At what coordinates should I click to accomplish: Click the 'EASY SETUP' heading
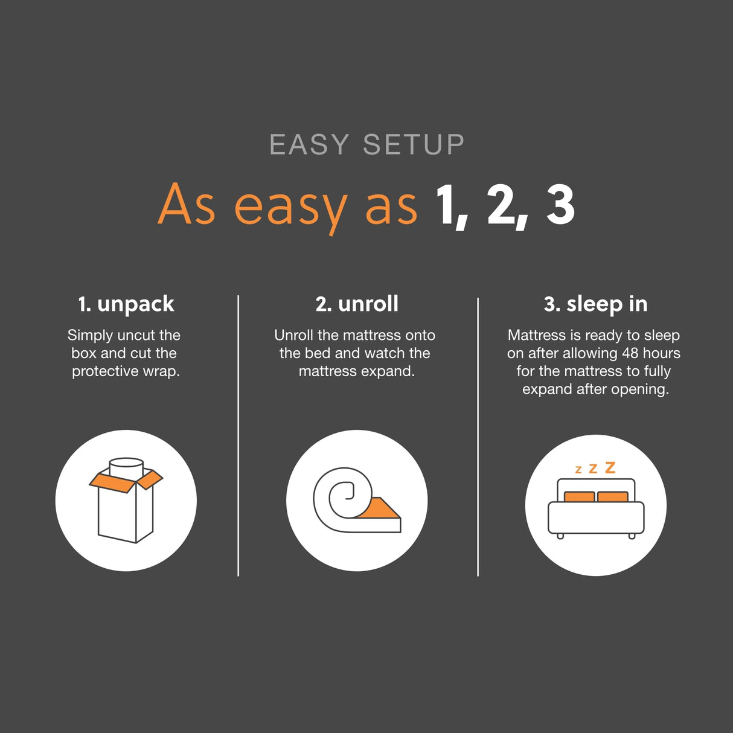(x=366, y=145)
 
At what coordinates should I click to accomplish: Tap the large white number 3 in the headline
(x=560, y=205)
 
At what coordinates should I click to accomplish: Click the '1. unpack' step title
(x=126, y=304)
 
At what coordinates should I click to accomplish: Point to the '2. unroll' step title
(x=357, y=304)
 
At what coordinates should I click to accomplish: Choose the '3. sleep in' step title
(x=595, y=304)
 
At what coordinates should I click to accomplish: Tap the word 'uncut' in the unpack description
(x=136, y=335)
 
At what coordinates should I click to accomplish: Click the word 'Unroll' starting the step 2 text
(x=293, y=335)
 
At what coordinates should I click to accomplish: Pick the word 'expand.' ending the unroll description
(x=388, y=371)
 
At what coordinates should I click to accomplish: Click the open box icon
(x=126, y=501)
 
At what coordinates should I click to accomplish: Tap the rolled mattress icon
(x=356, y=501)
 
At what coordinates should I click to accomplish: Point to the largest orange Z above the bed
(x=610, y=467)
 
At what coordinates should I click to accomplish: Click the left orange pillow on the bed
(x=580, y=497)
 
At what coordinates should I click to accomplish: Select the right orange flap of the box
(x=150, y=479)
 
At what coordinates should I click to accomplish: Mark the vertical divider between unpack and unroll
(x=238, y=435)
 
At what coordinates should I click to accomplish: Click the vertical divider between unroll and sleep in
(x=478, y=435)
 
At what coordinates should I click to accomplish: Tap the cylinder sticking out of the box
(x=126, y=467)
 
